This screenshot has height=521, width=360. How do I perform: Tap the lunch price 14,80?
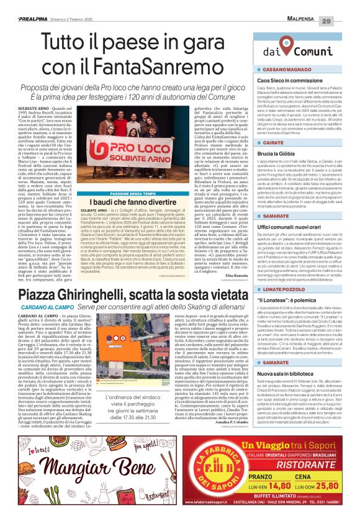pos(281,490)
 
